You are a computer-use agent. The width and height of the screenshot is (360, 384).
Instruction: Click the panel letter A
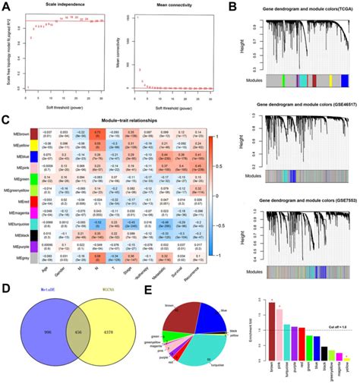6,6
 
